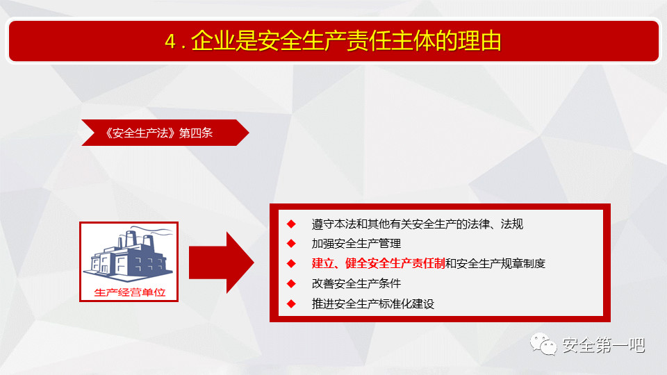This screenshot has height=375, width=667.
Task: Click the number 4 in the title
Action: coord(170,42)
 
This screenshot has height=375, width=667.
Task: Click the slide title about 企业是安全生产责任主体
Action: coord(333,41)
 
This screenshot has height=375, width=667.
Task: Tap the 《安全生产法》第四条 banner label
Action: coord(159,133)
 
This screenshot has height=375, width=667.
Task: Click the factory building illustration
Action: coord(129,256)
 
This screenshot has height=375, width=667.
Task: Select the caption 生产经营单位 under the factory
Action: coord(129,292)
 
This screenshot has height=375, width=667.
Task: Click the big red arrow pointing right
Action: coord(221,262)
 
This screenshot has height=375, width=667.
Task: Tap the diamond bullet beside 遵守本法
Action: coord(291,224)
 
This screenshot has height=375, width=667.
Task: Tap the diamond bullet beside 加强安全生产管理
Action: coord(291,244)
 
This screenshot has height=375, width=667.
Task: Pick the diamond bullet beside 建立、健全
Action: coord(291,264)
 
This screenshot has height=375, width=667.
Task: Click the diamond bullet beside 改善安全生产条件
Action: coord(291,283)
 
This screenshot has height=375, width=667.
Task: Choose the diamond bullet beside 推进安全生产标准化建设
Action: coord(291,303)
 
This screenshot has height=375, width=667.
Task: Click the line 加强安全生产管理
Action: coord(356,244)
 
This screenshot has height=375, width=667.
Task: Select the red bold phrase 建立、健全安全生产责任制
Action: coord(378,264)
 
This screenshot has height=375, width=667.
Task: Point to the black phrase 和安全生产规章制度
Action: coord(495,264)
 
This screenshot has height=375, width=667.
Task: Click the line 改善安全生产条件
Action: coord(356,283)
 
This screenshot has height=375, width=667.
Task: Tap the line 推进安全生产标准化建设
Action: coord(373,303)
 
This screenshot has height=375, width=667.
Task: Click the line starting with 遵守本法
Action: coord(418,224)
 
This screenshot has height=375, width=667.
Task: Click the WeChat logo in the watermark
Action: coord(543,344)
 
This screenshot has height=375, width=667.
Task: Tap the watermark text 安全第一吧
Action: coord(604,345)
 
